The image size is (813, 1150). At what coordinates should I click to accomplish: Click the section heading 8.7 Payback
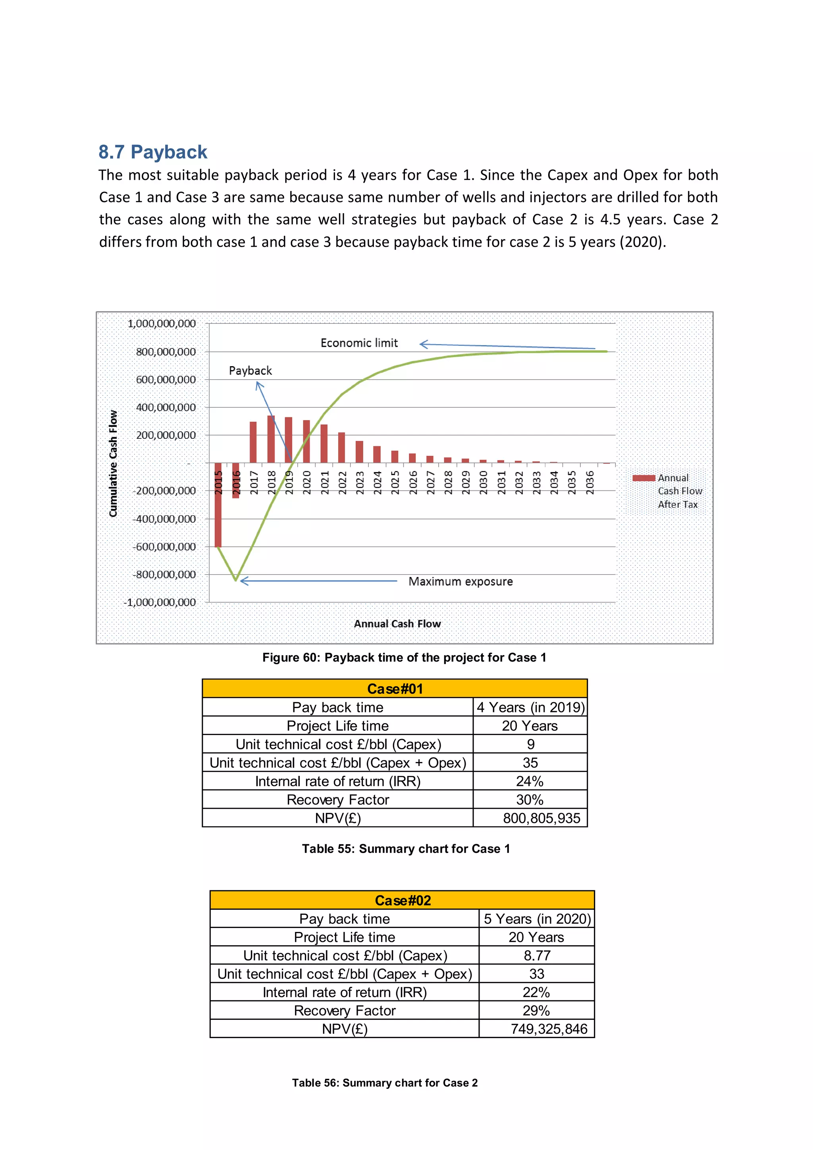(x=153, y=152)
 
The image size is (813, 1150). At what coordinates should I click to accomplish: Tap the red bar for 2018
(x=271, y=439)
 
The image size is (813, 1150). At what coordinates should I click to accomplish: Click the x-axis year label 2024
(x=378, y=482)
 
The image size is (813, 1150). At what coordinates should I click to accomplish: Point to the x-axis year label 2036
(x=590, y=482)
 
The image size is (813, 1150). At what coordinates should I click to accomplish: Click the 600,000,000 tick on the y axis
(x=166, y=380)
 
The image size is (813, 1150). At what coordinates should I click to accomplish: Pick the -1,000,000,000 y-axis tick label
(x=160, y=602)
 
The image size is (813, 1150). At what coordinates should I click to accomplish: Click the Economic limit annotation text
(x=359, y=343)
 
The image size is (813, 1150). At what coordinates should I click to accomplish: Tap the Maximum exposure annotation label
(x=460, y=581)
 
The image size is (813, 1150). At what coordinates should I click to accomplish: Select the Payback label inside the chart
(x=250, y=370)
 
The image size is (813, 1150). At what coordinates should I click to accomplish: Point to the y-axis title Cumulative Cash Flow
(x=113, y=463)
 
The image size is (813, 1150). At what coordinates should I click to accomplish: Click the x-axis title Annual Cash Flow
(x=397, y=623)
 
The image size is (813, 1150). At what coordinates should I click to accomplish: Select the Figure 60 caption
(x=404, y=658)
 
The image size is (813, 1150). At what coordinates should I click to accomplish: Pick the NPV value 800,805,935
(x=541, y=818)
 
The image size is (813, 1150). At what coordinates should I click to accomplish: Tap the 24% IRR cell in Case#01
(x=530, y=781)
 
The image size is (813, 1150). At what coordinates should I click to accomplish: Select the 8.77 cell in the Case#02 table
(x=537, y=956)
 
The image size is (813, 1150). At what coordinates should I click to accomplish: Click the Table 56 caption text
(x=385, y=1083)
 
